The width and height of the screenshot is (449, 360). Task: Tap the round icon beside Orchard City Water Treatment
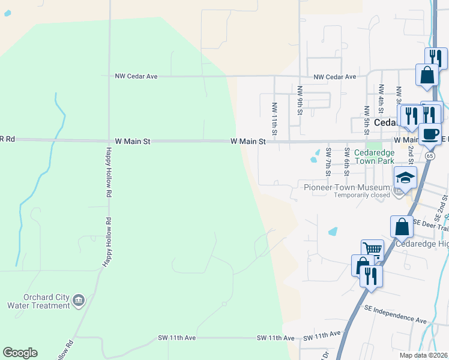[79, 299]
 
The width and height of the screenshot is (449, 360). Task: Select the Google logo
[20, 353]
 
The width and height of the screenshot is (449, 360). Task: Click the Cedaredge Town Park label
[374, 157]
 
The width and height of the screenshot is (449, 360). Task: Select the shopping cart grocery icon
[372, 249]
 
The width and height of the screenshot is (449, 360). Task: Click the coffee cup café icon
[430, 134]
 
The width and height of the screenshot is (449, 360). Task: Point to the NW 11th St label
[274, 116]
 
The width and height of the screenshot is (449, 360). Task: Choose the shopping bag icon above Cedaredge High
[402, 227]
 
